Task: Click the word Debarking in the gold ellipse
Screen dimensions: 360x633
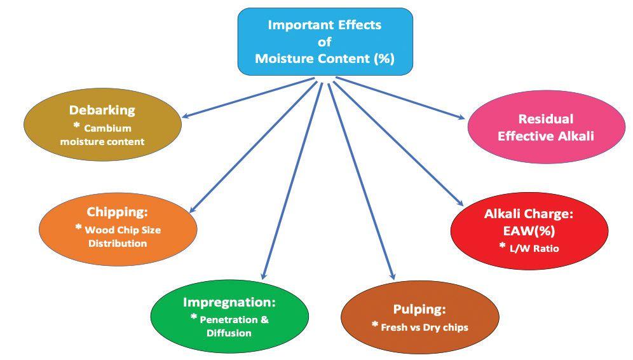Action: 102,109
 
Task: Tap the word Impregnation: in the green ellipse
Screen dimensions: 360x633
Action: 229,301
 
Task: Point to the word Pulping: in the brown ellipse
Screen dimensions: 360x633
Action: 419,310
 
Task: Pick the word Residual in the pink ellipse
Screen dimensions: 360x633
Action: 545,119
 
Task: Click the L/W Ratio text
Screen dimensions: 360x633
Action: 533,249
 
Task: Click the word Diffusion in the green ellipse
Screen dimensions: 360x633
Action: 229,333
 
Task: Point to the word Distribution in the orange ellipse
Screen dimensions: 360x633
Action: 118,243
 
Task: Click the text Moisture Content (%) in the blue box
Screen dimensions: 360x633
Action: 324,59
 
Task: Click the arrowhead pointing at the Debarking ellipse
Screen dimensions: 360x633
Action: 185,116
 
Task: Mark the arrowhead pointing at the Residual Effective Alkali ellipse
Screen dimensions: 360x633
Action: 462,116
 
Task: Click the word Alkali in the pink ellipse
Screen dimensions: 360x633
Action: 576,135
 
